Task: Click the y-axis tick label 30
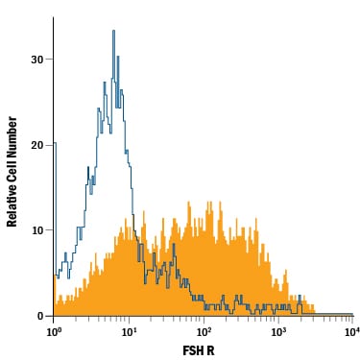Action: click(36, 60)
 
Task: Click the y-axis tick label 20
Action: click(36, 145)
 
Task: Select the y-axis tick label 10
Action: click(37, 230)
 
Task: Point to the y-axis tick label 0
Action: click(40, 316)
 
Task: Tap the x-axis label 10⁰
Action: click(54, 332)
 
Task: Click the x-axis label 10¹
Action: click(128, 332)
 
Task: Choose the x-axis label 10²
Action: click(204, 332)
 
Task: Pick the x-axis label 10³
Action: click(278, 332)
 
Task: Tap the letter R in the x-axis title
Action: click(211, 350)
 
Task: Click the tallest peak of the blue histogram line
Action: click(113, 31)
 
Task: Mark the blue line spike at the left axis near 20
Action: click(55, 143)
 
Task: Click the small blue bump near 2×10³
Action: click(300, 296)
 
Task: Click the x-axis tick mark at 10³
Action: click(278, 320)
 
